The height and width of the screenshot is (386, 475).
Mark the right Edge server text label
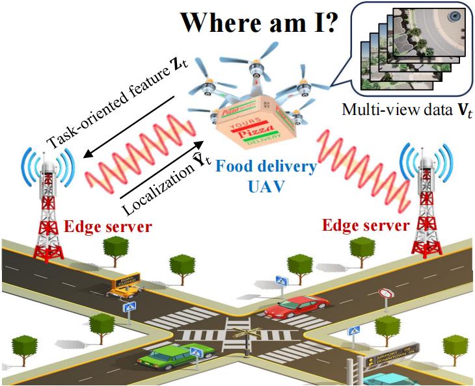tap(366, 227)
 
